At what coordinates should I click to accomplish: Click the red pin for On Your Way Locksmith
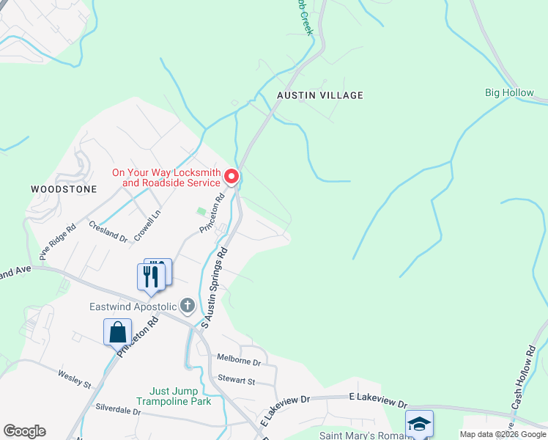[x=232, y=177]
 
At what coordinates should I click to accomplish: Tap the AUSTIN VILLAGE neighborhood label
[x=319, y=95]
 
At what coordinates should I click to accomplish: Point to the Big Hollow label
[x=509, y=93]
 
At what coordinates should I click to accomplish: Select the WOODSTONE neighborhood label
[x=64, y=189]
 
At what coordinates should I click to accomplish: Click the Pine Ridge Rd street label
[x=58, y=242]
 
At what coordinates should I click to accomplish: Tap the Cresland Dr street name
[x=108, y=232]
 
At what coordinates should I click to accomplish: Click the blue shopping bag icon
[x=118, y=332]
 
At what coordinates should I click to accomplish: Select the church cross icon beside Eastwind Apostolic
[x=188, y=305]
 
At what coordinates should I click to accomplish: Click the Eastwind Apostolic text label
[x=133, y=306]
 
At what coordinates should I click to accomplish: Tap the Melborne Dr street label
[x=239, y=362]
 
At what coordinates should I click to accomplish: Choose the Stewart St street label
[x=236, y=381]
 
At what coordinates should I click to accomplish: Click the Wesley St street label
[x=74, y=379]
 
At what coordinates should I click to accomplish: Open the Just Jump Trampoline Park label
[x=179, y=396]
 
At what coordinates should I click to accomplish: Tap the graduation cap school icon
[x=419, y=424]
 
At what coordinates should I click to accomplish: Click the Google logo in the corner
[x=24, y=431]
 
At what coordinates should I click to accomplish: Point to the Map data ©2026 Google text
[x=502, y=434]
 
